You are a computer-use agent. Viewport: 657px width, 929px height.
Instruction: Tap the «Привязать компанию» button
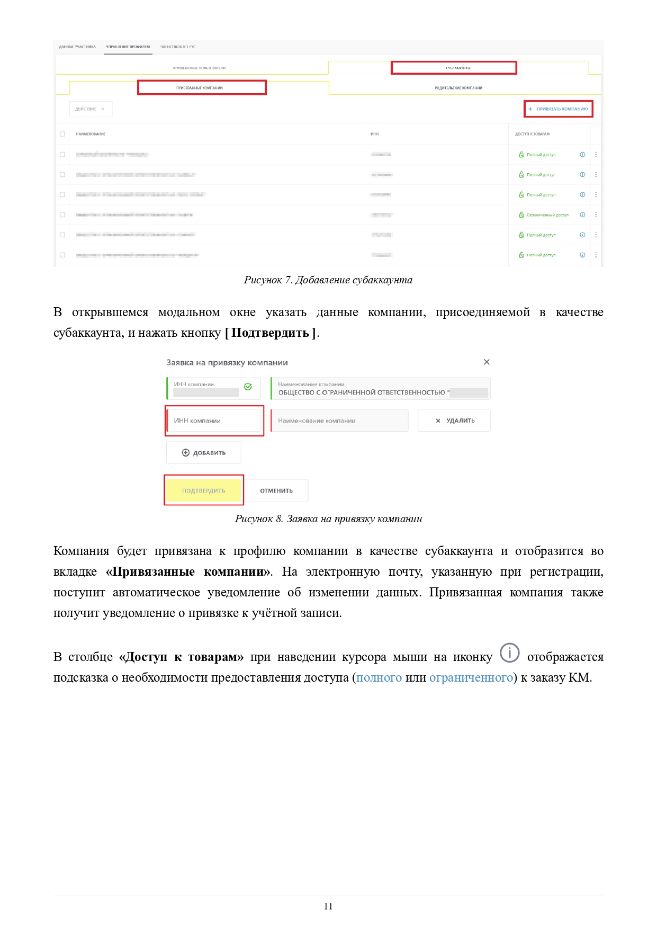[x=559, y=109]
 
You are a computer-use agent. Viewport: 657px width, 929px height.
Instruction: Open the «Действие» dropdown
[x=91, y=109]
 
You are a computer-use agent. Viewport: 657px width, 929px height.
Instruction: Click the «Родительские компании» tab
[x=458, y=88]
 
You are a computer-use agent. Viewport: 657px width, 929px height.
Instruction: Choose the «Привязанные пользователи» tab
[x=199, y=68]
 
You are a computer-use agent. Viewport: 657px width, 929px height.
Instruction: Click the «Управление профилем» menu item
[x=128, y=47]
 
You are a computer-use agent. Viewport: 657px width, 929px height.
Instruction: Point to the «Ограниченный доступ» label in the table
[x=547, y=215]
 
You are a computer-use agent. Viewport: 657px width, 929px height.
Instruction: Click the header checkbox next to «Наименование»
[x=62, y=134]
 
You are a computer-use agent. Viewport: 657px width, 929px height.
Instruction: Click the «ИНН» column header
[x=375, y=134]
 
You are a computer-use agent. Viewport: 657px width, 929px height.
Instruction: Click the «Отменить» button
[x=276, y=491]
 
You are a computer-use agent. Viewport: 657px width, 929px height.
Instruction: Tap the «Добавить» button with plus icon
[x=204, y=453]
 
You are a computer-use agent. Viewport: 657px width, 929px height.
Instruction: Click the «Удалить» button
[x=454, y=421]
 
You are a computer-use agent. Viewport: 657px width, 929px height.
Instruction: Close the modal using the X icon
[x=487, y=362]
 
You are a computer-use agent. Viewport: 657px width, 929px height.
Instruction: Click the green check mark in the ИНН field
[x=248, y=387]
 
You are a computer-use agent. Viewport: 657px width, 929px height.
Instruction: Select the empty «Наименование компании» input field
[x=339, y=421]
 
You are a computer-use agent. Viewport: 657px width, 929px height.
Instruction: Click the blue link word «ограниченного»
[x=471, y=678]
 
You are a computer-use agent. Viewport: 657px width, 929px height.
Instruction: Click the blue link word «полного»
[x=379, y=678]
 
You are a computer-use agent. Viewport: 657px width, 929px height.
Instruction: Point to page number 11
[x=328, y=906]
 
